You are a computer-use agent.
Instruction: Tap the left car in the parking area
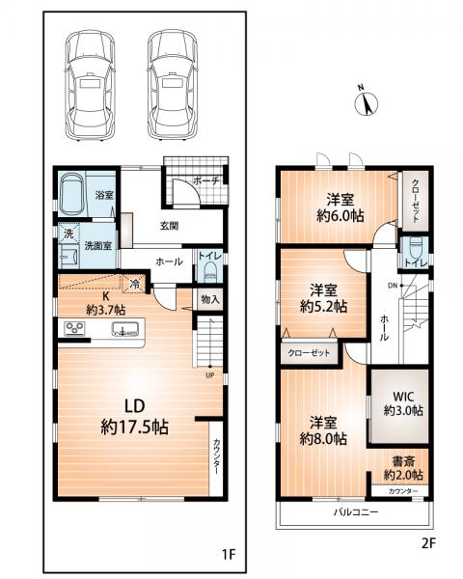point(90,85)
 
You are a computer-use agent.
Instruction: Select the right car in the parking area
point(173,85)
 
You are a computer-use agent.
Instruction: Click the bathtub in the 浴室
point(72,194)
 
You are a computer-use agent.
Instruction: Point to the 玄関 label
point(169,225)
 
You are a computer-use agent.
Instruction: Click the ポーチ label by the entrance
point(206,181)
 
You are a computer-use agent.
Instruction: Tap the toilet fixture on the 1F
point(210,272)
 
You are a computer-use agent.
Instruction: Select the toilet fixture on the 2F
point(416,248)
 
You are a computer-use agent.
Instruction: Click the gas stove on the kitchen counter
point(75,328)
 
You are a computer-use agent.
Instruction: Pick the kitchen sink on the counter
point(125,328)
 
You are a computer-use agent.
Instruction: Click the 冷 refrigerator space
point(135,284)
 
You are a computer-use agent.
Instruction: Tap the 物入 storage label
point(210,299)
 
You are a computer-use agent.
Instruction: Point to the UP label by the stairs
point(210,375)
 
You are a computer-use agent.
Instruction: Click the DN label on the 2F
point(393,286)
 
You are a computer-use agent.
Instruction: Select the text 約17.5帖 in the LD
point(134,427)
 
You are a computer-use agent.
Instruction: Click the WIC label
point(403,397)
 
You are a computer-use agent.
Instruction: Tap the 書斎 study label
point(403,461)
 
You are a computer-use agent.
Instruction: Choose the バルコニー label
point(356,512)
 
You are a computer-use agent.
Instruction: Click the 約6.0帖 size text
point(340,215)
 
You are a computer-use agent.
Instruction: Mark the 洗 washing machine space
point(68,234)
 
